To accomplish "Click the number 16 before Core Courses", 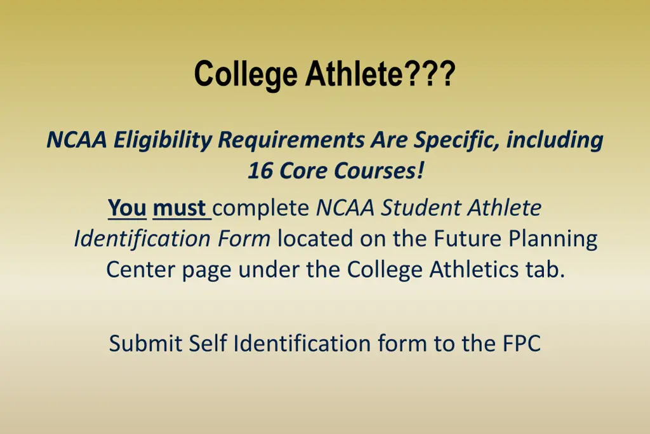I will point(258,171).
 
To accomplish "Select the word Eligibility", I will point(162,140).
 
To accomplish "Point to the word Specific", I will point(456,140).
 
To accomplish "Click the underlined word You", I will point(127,208).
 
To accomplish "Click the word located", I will point(315,239).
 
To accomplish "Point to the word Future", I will point(463,239).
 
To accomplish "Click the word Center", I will point(140,269).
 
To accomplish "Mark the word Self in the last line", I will point(208,344).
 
